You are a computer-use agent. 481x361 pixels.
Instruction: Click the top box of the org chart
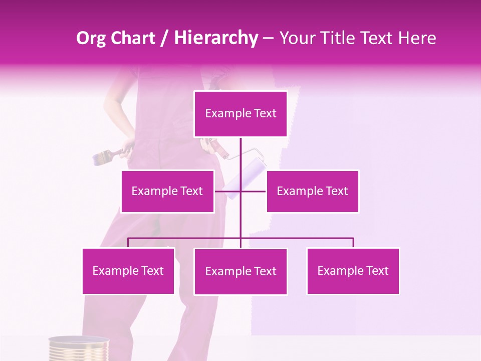click(241, 114)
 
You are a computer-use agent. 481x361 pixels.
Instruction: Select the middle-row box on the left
click(167, 191)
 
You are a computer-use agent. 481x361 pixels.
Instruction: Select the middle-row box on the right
click(312, 191)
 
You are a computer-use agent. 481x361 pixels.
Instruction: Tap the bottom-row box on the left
click(128, 271)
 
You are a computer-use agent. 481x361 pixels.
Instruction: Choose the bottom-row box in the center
click(241, 271)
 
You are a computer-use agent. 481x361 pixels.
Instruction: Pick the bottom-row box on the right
click(353, 271)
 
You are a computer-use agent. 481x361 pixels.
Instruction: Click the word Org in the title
click(91, 38)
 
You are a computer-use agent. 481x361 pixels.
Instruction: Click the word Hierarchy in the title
click(216, 38)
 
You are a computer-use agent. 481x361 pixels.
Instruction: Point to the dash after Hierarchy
click(268, 38)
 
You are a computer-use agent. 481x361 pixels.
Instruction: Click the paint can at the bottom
click(79, 349)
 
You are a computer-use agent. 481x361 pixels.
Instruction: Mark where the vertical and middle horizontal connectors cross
click(241, 191)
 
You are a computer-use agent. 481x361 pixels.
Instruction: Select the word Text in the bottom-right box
click(378, 271)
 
